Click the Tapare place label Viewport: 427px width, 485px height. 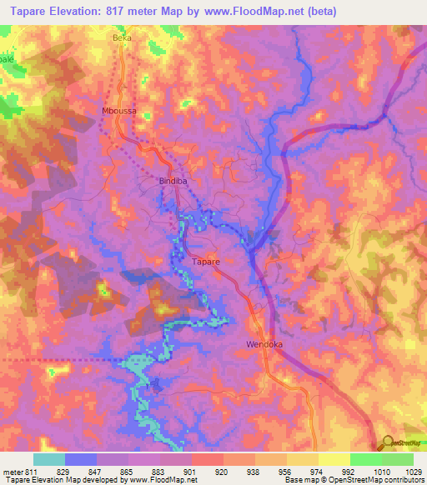pyautogui.click(x=206, y=262)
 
